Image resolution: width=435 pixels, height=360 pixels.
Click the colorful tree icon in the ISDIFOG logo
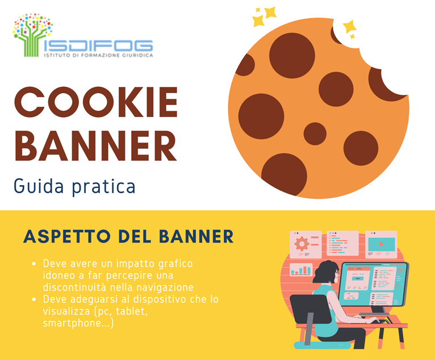[x=33, y=35]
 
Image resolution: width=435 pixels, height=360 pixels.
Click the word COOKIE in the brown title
[x=96, y=102]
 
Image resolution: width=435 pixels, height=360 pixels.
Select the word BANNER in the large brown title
[x=96, y=145]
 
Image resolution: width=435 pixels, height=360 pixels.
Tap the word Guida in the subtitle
[x=39, y=186]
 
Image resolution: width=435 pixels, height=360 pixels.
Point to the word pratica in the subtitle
[x=104, y=187]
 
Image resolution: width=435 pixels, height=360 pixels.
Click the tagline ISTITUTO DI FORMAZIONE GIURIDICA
[x=98, y=55]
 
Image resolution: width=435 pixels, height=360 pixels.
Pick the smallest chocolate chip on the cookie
[x=315, y=133]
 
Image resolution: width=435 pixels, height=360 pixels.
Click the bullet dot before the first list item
[x=34, y=263]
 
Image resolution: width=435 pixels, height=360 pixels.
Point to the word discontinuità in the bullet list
[x=74, y=287]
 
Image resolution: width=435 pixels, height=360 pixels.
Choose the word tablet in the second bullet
[x=132, y=311]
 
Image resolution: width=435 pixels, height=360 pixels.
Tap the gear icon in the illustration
[x=302, y=244]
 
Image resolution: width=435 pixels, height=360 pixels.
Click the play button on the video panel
[x=381, y=244]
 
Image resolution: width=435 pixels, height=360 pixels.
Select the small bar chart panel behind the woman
[x=301, y=270]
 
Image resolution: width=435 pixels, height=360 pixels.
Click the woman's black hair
[x=325, y=272]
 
